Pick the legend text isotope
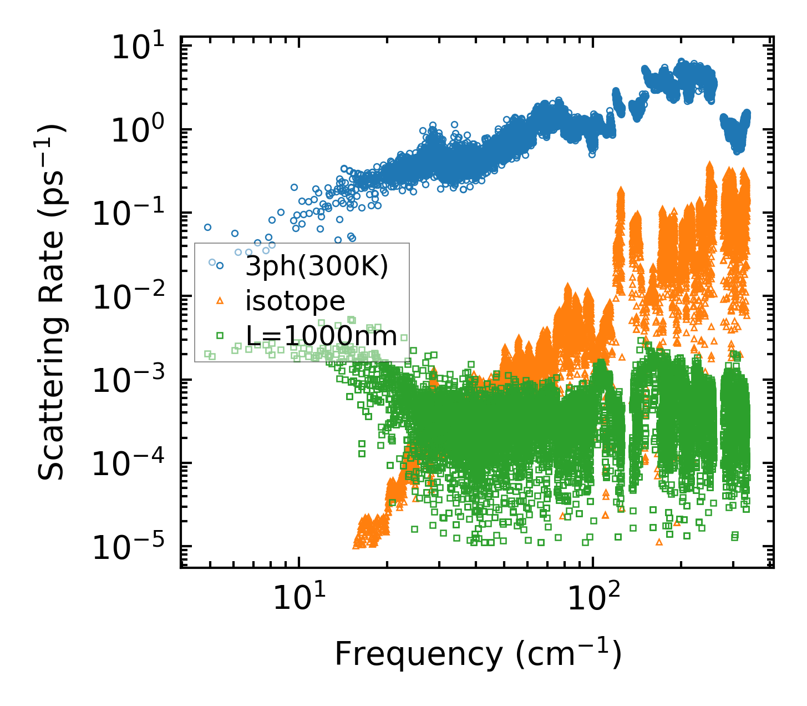pyautogui.click(x=295, y=301)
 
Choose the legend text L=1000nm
pyautogui.click(x=321, y=336)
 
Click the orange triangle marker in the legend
pyautogui.click(x=220, y=300)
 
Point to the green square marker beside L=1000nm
pyautogui.click(x=220, y=335)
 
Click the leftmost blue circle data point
pyautogui.click(x=207, y=227)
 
